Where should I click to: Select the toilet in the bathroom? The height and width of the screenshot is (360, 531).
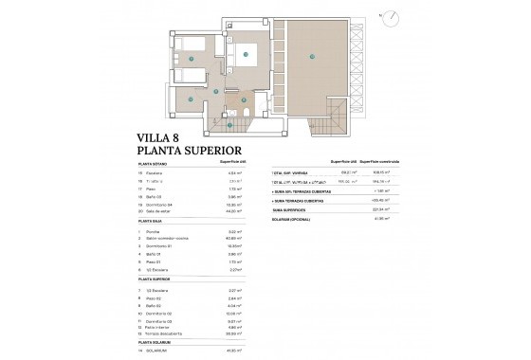247,115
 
